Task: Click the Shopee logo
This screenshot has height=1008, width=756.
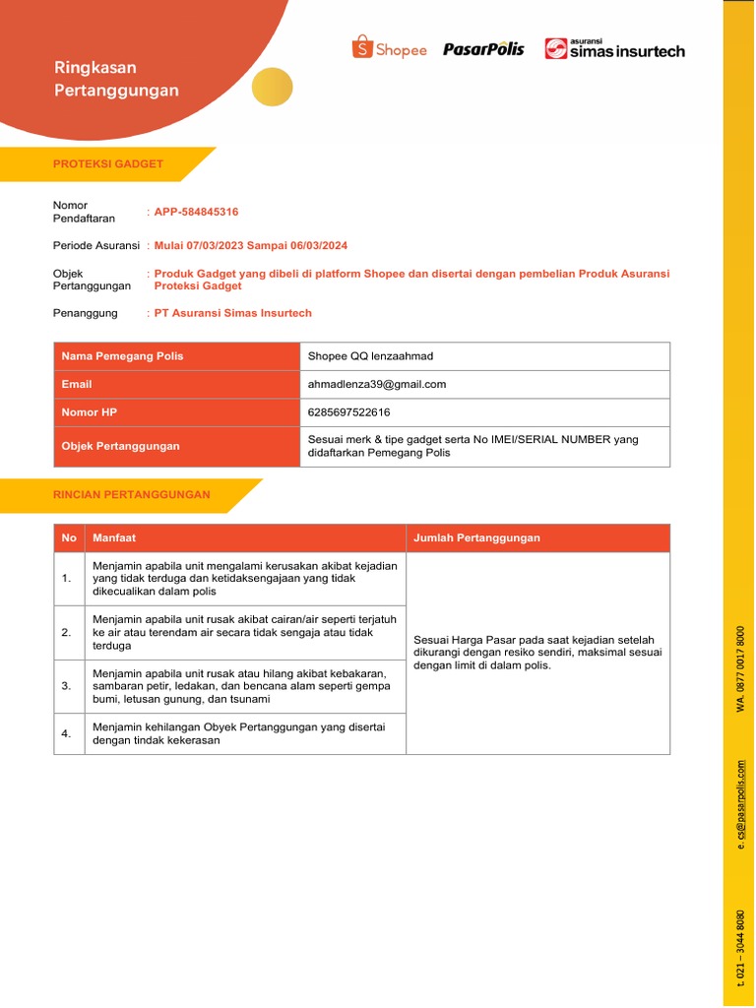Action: point(389,48)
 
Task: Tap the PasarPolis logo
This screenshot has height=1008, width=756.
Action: point(483,48)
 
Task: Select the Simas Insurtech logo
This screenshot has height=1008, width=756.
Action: point(614,48)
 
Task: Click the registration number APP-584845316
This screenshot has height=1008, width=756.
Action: point(196,212)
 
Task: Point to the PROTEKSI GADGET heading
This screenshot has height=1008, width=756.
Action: point(108,163)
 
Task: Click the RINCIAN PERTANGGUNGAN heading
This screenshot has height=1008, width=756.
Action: point(131,494)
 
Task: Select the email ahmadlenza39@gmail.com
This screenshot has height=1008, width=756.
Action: point(377,384)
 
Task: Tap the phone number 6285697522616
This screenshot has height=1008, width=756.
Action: point(343,411)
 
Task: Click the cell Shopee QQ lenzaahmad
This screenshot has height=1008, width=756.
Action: point(370,356)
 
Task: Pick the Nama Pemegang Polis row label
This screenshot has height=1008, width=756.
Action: point(122,356)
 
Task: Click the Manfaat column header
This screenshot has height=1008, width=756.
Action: point(114,537)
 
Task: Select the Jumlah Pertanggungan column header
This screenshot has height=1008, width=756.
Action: point(476,537)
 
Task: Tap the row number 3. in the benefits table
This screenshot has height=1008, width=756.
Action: point(67,686)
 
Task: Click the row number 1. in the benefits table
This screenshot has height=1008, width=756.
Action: point(67,579)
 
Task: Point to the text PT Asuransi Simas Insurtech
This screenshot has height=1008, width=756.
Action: point(233,313)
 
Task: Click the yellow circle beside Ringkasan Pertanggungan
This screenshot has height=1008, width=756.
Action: point(273,87)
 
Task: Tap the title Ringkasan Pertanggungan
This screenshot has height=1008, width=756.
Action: point(116,79)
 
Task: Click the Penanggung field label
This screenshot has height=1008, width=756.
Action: point(86,313)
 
